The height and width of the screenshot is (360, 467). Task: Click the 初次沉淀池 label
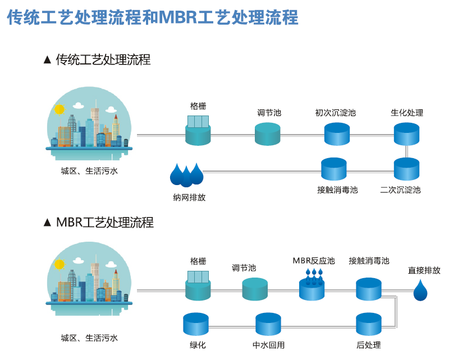(335, 113)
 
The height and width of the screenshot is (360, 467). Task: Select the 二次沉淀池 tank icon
(406, 169)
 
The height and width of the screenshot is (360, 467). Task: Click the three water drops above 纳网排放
(186, 174)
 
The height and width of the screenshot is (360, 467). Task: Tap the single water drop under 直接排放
(420, 290)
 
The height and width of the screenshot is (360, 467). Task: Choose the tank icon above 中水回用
(268, 325)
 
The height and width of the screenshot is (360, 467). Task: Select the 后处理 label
(368, 345)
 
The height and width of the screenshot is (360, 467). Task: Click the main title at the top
(153, 17)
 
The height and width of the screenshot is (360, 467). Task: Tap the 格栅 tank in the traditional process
(198, 131)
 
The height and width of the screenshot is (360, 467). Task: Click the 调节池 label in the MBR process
(244, 268)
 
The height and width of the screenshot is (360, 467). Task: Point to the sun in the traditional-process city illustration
(59, 109)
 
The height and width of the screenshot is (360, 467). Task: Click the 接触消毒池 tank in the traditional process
(333, 169)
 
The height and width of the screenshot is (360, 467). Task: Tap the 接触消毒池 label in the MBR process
(369, 261)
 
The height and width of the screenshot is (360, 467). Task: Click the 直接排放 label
(424, 270)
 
